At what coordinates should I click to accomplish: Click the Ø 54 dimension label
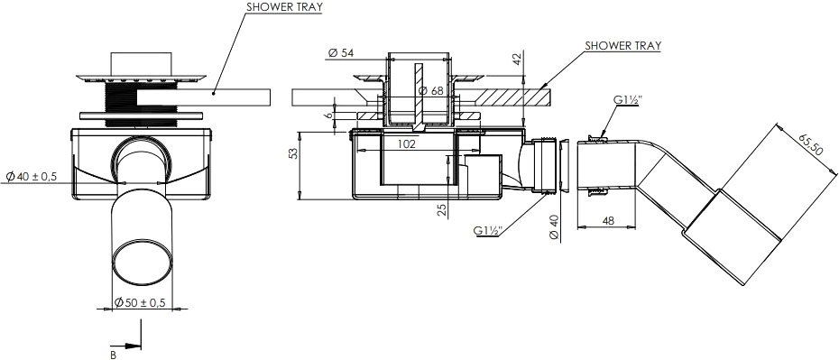(x=341, y=53)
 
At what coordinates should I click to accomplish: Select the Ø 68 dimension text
(x=430, y=91)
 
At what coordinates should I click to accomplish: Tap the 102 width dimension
(x=407, y=143)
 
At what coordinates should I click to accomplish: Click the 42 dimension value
(x=515, y=59)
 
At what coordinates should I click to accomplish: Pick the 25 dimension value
(x=442, y=209)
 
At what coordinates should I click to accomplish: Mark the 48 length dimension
(x=607, y=220)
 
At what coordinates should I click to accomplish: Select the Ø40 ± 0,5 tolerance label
(x=32, y=177)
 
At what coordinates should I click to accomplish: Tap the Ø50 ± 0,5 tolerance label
(x=139, y=302)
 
